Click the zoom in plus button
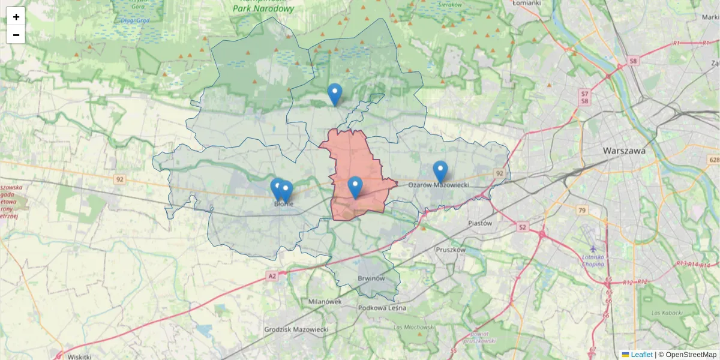(x=16, y=17)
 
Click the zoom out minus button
(x=16, y=35)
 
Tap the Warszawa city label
(x=625, y=151)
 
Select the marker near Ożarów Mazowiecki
(x=440, y=171)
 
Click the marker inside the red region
(x=355, y=187)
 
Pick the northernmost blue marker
(x=335, y=94)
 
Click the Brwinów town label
(x=371, y=279)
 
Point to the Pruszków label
(x=451, y=249)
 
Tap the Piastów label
(x=479, y=223)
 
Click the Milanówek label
(x=325, y=302)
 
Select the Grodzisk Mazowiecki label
(x=296, y=330)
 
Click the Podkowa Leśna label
(x=382, y=308)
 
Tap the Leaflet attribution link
(x=641, y=355)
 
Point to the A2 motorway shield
(x=272, y=275)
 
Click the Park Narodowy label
(x=264, y=9)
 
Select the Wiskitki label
(x=79, y=356)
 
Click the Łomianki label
(x=527, y=3)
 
